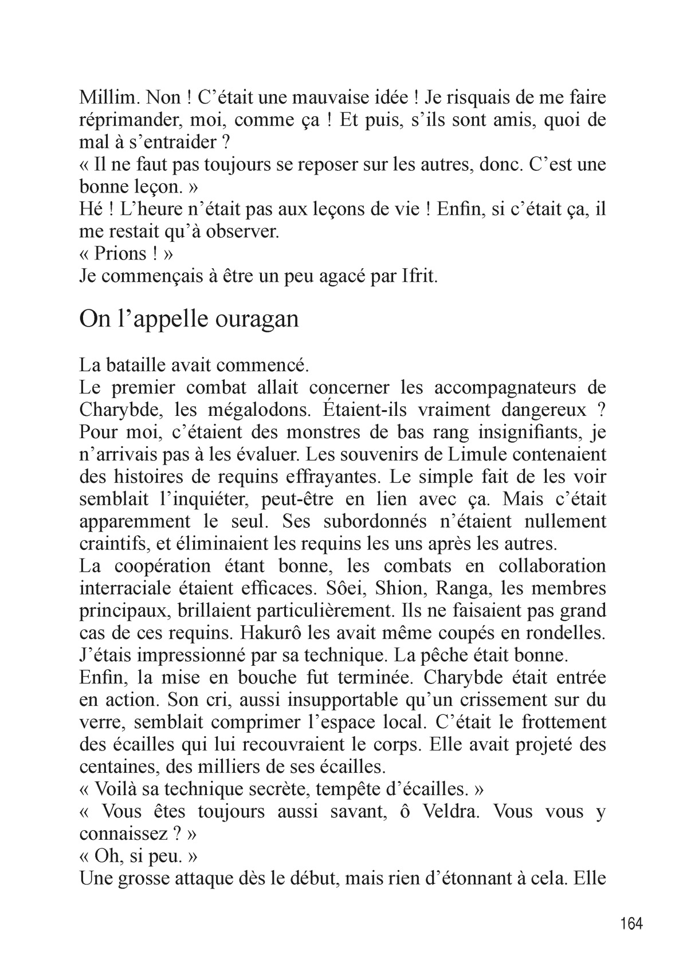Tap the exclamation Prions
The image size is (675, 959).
(117, 254)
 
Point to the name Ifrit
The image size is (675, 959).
(418, 276)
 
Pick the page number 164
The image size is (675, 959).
(631, 923)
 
